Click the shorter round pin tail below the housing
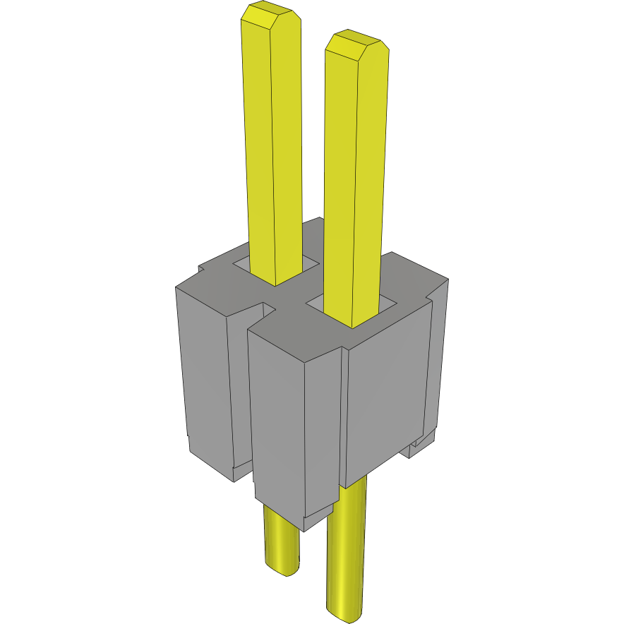[x=281, y=540]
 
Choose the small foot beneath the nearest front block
[x=318, y=518]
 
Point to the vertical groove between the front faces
[x=345, y=416]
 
